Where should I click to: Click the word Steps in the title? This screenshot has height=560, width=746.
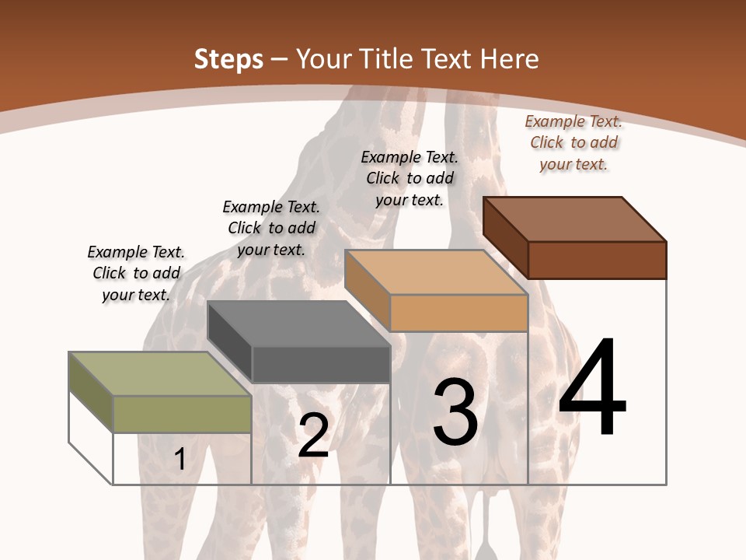pos(228,59)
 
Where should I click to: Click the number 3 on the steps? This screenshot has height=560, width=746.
pos(455,412)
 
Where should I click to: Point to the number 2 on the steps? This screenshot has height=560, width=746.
pos(313,436)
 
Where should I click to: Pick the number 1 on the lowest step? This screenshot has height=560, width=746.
pos(180,459)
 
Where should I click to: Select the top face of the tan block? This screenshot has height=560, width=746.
pos(435,272)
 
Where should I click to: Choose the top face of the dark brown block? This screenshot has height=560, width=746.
pos(573,219)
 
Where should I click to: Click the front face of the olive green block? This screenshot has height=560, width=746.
pos(182,414)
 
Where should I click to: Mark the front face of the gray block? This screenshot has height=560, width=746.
pos(320,364)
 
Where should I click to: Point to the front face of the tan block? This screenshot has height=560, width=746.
pos(458,313)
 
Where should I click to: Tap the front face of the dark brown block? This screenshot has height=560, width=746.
pos(597,260)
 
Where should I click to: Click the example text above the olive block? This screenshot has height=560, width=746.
pos(136,273)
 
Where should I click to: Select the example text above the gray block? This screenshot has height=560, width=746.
pos(271,228)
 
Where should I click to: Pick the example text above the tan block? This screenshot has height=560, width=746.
pos(410,178)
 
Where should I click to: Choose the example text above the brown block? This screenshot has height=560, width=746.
pos(573,142)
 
